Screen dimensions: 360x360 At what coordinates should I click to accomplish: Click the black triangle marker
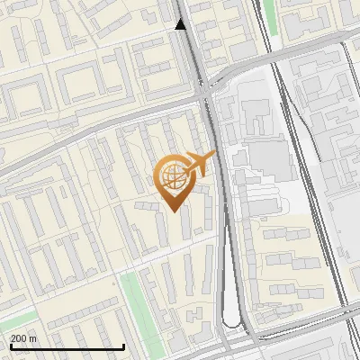tap(181, 24)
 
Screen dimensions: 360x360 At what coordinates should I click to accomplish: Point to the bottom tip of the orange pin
tap(171, 211)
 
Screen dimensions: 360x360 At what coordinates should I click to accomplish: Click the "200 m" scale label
tap(23, 338)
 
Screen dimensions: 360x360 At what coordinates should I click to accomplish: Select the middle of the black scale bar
tap(67, 346)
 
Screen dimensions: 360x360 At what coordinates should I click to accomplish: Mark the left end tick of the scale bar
tap(10, 346)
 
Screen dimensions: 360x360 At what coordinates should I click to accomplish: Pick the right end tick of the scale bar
tap(123, 346)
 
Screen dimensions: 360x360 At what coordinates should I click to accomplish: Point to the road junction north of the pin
tap(206, 90)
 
